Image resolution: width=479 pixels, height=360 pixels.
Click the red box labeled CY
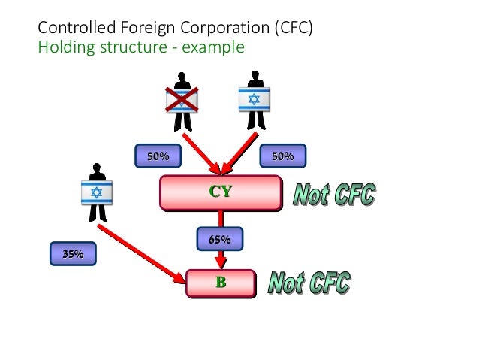pyautogui.click(x=221, y=192)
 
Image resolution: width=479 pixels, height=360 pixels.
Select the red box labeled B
pyautogui.click(x=221, y=283)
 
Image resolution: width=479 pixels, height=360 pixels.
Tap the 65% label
pyautogui.click(x=220, y=240)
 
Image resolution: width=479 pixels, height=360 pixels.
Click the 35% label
pyautogui.click(x=73, y=254)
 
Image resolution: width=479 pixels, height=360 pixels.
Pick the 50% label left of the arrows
pyautogui.click(x=158, y=156)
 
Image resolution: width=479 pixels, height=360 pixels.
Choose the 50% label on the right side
pyautogui.click(x=282, y=156)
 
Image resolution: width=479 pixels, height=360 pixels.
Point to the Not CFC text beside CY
pyautogui.click(x=333, y=195)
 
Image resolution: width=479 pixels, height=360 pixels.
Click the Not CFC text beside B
pyautogui.click(x=309, y=284)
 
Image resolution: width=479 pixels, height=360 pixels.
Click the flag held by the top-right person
pyautogui.click(x=254, y=99)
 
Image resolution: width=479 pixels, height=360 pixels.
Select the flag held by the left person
pyautogui.click(x=96, y=192)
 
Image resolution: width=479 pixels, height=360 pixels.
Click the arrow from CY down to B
pyautogui.click(x=221, y=259)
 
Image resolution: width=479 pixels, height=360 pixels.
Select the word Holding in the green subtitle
pyautogui.click(x=63, y=48)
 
